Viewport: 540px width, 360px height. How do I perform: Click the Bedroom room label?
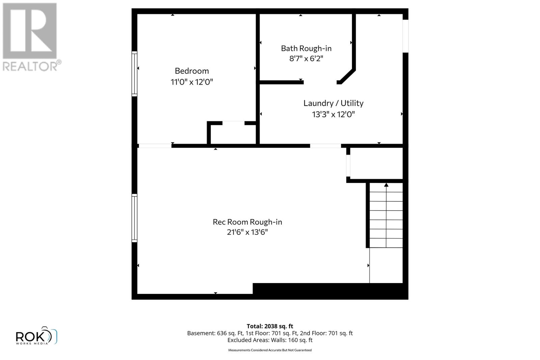pyautogui.click(x=192, y=71)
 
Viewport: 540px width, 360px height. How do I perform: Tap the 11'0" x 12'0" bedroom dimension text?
pyautogui.click(x=192, y=82)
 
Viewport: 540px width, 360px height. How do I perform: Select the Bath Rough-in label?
pyautogui.click(x=306, y=49)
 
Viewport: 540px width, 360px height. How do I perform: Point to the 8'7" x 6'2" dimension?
pyautogui.click(x=306, y=59)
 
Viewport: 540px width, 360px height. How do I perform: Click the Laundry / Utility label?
pyautogui.click(x=333, y=103)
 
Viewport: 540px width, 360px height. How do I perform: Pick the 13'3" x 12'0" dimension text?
pyautogui.click(x=333, y=114)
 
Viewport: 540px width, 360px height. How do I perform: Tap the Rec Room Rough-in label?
pyautogui.click(x=247, y=222)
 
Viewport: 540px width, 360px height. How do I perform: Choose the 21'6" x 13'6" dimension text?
pyautogui.click(x=247, y=232)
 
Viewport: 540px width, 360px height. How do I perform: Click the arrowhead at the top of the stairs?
pyautogui.click(x=386, y=185)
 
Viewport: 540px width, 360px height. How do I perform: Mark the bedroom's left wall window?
pyautogui.click(x=134, y=74)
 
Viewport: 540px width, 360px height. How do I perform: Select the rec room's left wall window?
pyautogui.click(x=134, y=218)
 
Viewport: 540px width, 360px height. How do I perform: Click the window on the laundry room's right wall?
pyautogui.click(x=405, y=36)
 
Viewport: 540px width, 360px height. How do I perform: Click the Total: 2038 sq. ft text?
pyautogui.click(x=270, y=326)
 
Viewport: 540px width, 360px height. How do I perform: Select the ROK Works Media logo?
pyautogui.click(x=36, y=336)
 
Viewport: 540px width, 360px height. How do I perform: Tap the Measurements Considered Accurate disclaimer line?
pyautogui.click(x=270, y=350)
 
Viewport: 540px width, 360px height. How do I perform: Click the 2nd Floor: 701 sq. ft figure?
pyautogui.click(x=326, y=333)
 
